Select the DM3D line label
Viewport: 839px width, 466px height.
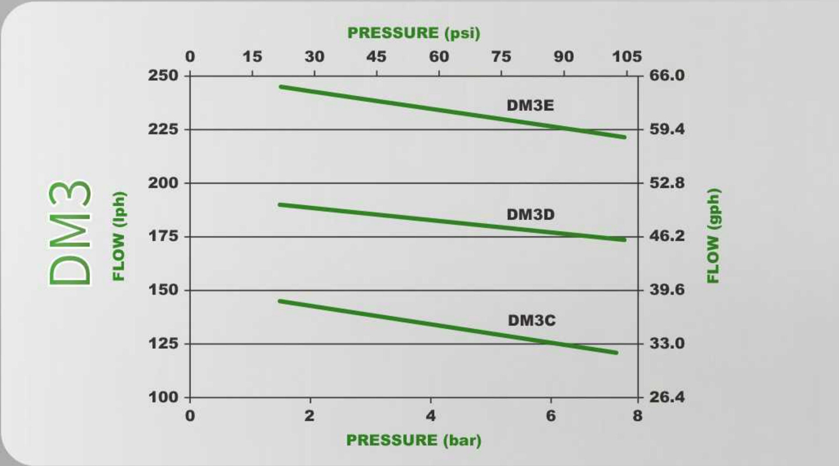530,214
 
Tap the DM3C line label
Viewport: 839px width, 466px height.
531,320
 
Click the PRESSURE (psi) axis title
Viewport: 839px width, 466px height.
414,33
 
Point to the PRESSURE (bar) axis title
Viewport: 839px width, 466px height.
414,440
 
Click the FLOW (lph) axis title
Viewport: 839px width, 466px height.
119,236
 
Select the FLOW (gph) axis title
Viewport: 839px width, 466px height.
714,236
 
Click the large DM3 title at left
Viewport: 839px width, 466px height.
70,233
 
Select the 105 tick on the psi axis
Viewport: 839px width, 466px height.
627,57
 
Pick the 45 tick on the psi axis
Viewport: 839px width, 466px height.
377,57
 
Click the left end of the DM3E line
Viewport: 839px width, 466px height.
281,86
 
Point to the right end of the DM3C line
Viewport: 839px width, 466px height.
616,352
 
